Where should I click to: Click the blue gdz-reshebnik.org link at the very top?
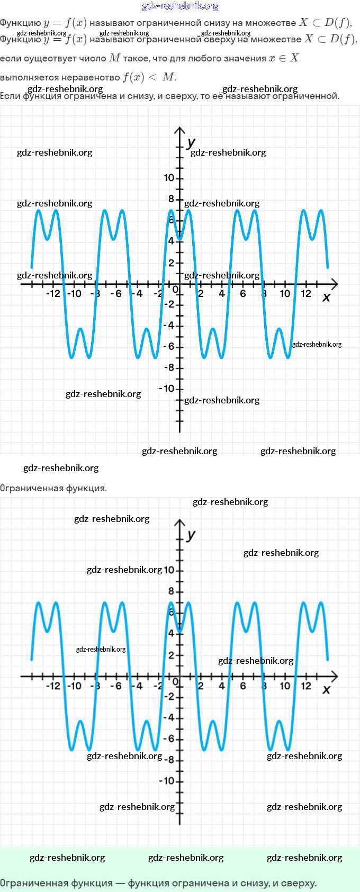(180, 6)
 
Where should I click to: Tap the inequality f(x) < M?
(149, 77)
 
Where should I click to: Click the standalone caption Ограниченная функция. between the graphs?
(53, 488)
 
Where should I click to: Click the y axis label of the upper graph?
(191, 142)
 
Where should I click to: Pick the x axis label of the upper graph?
(326, 298)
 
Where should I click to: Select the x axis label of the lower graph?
(326, 689)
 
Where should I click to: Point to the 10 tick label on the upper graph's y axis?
(169, 178)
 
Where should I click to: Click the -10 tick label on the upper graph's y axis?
(167, 389)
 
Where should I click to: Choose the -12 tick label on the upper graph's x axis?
(53, 294)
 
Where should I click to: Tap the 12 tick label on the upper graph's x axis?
(306, 294)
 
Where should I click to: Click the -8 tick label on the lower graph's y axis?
(169, 760)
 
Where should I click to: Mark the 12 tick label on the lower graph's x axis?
(306, 686)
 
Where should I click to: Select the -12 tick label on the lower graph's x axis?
(53, 686)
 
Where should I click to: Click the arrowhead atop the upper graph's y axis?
(180, 130)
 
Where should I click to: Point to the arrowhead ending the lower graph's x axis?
(334, 676)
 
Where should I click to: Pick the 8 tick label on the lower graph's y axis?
(171, 591)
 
